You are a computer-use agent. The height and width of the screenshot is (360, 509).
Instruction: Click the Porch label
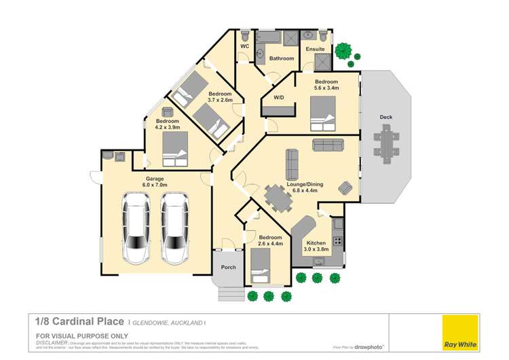tap(229, 267)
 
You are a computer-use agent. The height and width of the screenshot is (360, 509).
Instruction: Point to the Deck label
tap(385, 118)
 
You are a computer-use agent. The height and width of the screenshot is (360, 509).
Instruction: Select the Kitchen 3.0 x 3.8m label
tap(316, 246)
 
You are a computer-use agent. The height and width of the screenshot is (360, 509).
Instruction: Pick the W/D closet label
tap(279, 97)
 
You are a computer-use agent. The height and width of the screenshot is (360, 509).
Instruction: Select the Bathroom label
tap(282, 58)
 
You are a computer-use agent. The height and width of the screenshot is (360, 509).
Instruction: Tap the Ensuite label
tap(316, 50)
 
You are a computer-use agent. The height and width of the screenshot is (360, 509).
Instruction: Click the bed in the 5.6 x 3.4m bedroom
tap(322, 113)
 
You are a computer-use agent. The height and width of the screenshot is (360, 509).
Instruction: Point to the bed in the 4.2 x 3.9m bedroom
tap(175, 149)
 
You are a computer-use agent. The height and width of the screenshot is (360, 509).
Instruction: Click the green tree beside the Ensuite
tap(345, 52)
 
